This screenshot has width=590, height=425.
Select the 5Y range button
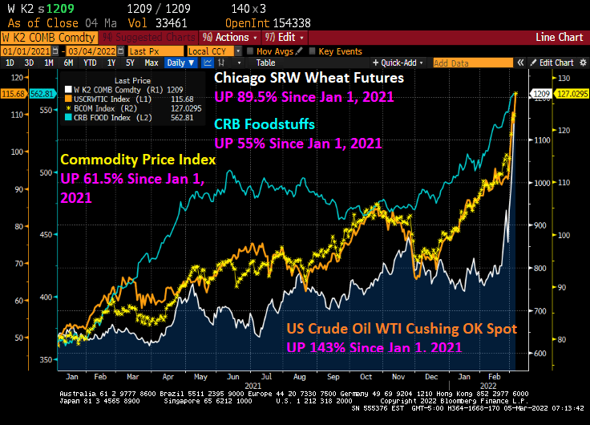click(x=130, y=63)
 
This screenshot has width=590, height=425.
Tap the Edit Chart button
click(x=554, y=63)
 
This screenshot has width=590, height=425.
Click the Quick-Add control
click(x=402, y=63)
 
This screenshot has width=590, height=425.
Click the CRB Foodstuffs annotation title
click(x=265, y=125)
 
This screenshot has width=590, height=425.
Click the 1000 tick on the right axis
click(x=544, y=182)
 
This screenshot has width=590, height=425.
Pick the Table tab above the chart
click(x=265, y=63)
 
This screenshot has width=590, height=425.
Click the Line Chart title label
click(x=559, y=37)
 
